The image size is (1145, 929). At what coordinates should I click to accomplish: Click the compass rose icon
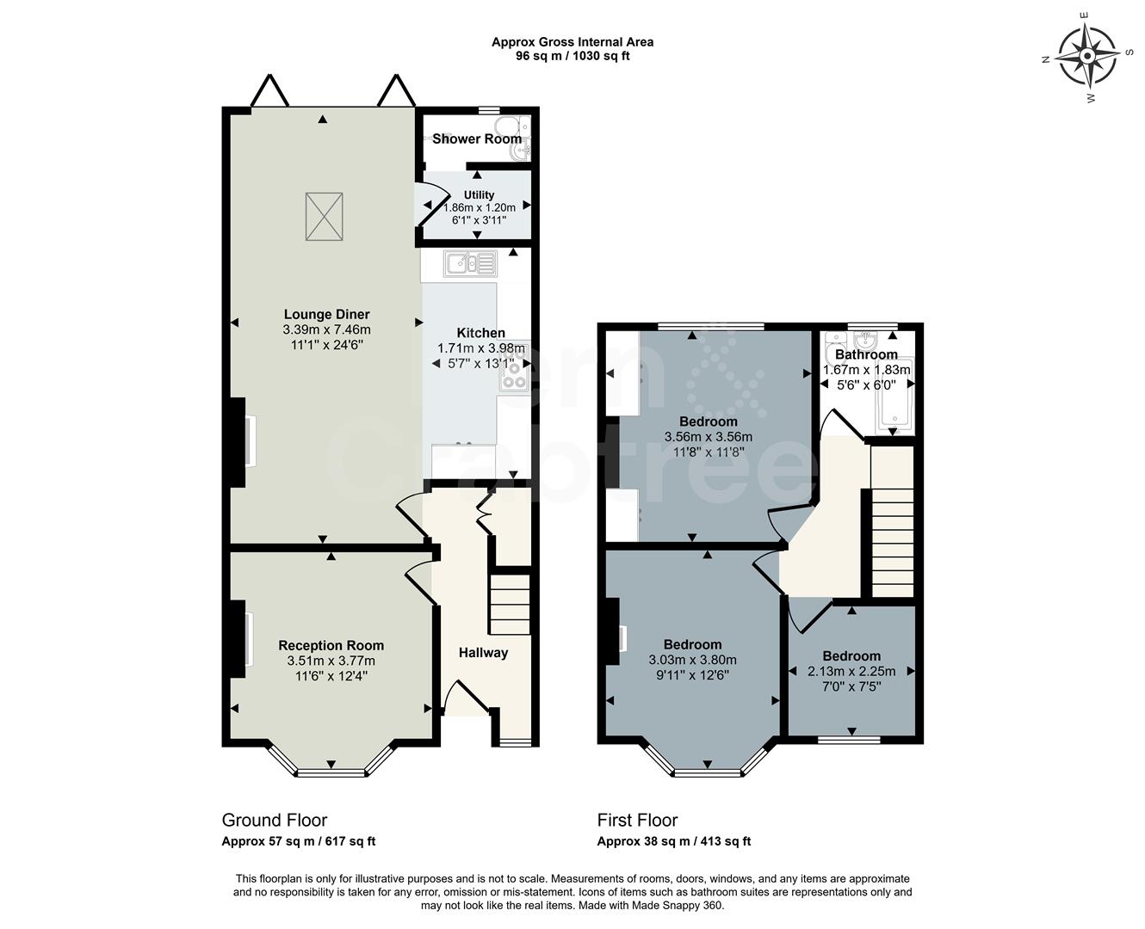1086,57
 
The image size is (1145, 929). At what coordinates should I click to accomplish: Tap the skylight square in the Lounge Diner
324,217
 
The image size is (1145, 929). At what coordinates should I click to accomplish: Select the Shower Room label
476,138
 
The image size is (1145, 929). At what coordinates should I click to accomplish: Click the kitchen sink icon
470,263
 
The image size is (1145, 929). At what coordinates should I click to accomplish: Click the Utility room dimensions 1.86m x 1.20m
479,207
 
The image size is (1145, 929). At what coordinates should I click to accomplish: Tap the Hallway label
483,653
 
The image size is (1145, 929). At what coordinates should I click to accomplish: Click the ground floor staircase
509,604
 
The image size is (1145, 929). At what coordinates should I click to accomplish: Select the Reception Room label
331,645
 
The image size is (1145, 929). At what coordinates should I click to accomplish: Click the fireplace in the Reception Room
238,639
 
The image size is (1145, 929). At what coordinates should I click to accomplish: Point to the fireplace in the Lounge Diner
238,441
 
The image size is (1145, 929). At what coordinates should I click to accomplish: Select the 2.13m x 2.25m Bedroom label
851,655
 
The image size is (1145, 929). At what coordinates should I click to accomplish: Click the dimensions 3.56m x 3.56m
708,436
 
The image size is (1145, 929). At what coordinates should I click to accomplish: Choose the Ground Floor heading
274,820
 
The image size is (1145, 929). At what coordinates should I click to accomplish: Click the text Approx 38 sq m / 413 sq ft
673,841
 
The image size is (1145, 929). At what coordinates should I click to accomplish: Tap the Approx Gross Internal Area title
572,41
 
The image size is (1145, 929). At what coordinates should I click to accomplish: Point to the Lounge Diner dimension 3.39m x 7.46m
326,329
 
